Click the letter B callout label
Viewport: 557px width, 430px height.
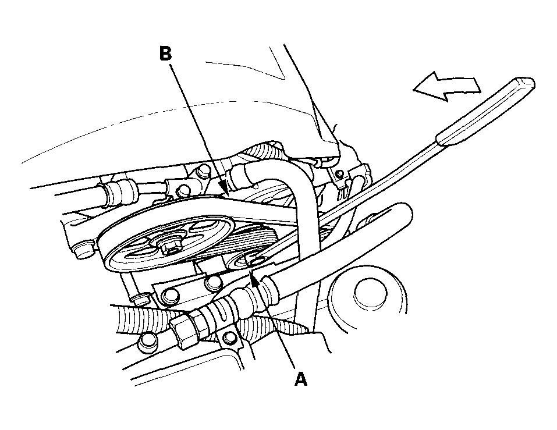coord(165,54)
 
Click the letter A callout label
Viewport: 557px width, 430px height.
coord(300,379)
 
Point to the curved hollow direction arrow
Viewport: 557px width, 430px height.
coord(446,87)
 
